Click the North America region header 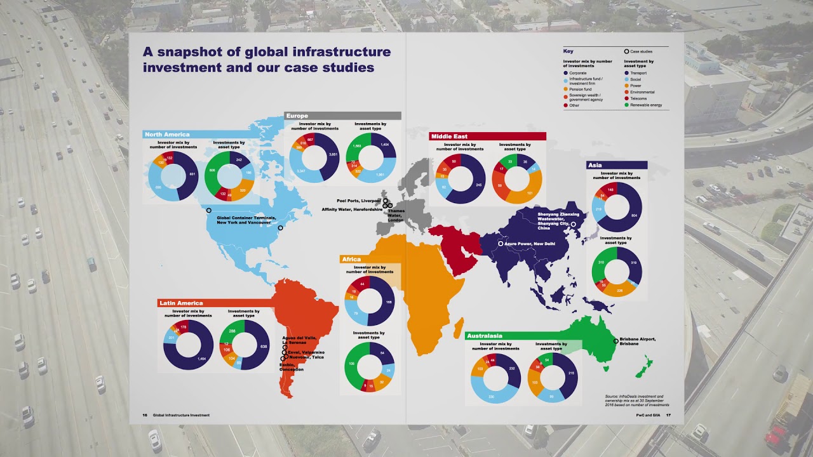click(x=167, y=135)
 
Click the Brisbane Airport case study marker click(x=615, y=341)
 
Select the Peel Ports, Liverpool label click(x=359, y=201)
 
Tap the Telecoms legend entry click(x=638, y=99)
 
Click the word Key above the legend click(x=568, y=51)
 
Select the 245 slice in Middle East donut click(x=478, y=185)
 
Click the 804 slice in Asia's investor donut click(x=633, y=216)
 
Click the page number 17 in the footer click(x=668, y=415)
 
